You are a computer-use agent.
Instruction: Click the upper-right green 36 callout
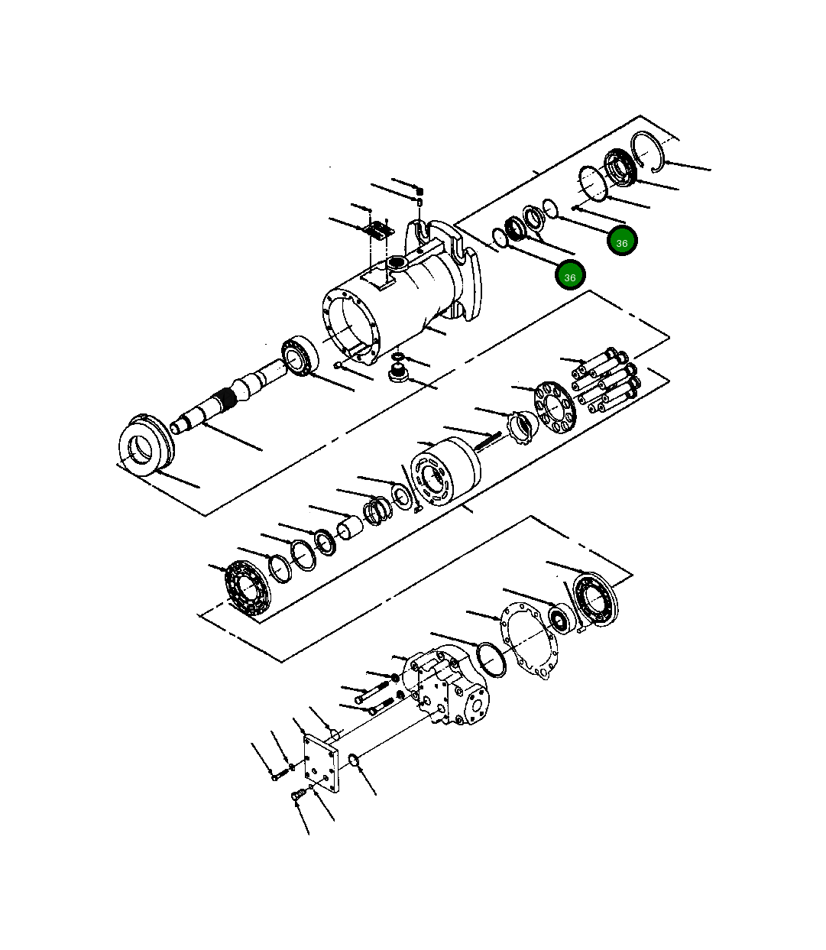622,242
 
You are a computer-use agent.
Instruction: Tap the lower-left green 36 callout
570,276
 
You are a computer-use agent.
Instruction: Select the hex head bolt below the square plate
299,796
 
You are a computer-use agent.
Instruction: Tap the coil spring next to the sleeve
377,511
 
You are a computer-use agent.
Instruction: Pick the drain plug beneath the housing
397,373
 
